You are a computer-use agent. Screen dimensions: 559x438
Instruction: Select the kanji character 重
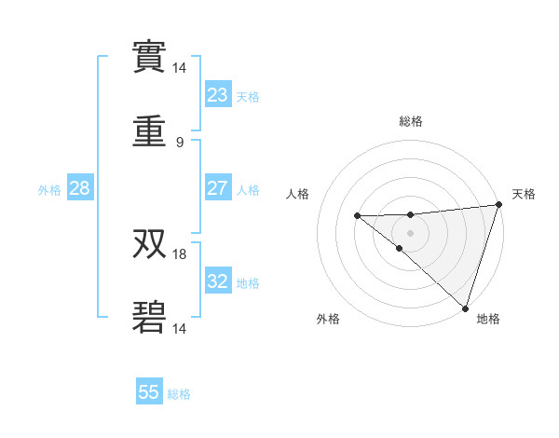pos(149,131)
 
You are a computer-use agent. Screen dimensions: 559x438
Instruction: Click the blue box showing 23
pos(218,94)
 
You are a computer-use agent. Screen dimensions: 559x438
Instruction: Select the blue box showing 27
pos(218,187)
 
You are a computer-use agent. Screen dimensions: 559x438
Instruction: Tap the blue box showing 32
pos(218,281)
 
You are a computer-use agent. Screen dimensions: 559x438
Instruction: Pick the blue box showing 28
pos(80,188)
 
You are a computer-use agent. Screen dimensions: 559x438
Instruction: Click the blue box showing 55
pos(149,392)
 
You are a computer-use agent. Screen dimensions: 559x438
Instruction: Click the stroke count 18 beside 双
pos(180,253)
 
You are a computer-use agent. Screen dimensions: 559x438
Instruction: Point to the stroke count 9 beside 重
pos(180,142)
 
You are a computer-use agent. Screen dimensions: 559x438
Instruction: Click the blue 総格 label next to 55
pos(179,394)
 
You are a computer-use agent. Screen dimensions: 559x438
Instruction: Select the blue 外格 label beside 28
pos(49,189)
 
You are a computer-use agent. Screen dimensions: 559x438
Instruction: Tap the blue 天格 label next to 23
pos(248,96)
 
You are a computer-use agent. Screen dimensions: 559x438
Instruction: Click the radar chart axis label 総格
pos(411,121)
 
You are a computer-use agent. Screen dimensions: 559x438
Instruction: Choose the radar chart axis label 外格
pos(328,319)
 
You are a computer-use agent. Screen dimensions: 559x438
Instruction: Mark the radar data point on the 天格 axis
pos(498,205)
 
